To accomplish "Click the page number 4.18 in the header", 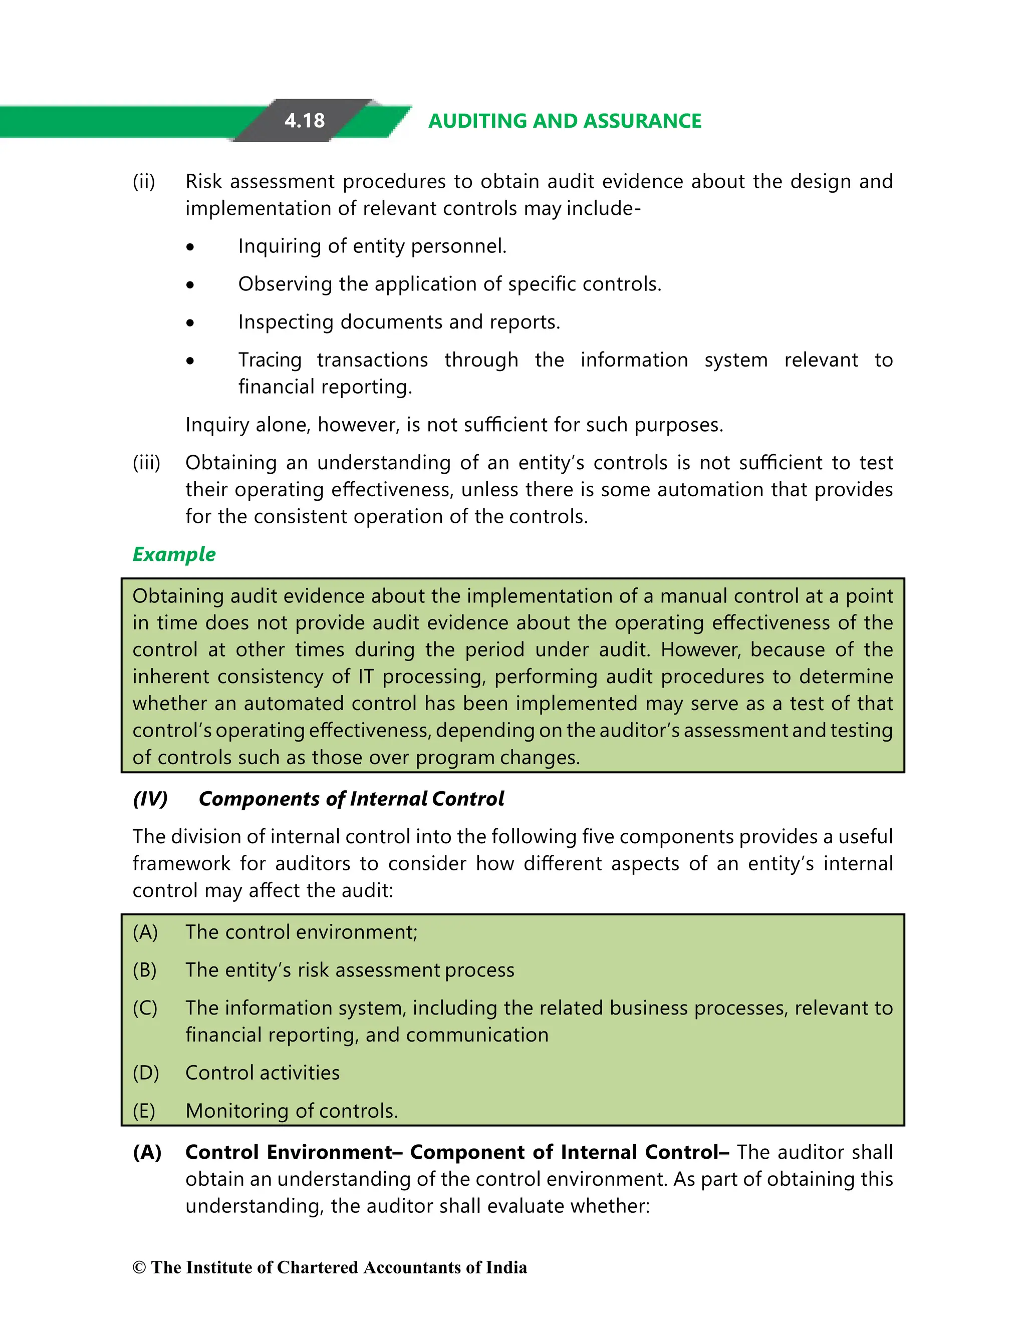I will (305, 121).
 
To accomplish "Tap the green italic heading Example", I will (174, 554).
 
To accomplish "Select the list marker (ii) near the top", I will (144, 182).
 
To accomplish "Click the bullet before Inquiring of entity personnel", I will (190, 247).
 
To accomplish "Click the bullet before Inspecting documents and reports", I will (190, 323).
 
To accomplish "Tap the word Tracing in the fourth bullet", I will (270, 360).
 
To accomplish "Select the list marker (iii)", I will (146, 463).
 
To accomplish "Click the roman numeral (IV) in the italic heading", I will (150, 799).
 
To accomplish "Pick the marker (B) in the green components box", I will (145, 970).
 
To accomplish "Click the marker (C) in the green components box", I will (145, 1008).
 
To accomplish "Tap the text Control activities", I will (263, 1073).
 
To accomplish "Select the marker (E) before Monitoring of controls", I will (144, 1111).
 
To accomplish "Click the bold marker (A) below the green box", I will (147, 1152).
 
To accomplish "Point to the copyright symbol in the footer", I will (139, 1268).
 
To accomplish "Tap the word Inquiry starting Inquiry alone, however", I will (218, 425).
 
